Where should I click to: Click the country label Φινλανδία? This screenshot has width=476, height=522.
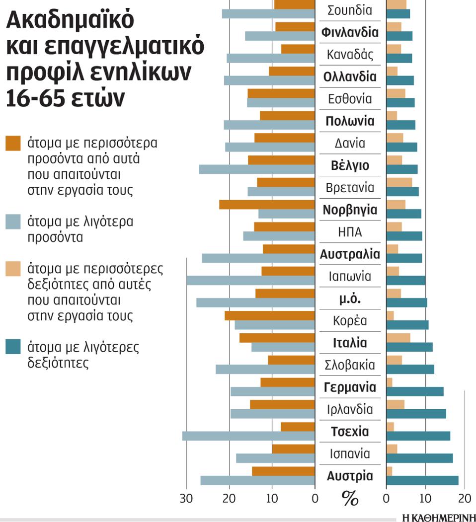(350, 33)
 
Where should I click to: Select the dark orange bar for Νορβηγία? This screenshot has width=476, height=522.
(267, 205)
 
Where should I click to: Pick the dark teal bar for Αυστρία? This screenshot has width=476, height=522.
(422, 480)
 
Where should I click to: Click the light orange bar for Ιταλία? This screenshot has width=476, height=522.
(398, 338)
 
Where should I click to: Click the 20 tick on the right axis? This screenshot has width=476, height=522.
(464, 498)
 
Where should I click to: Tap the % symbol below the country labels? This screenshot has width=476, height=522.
(350, 499)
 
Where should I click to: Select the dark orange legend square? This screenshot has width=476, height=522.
(13, 143)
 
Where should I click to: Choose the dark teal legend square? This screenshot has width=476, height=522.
(13, 347)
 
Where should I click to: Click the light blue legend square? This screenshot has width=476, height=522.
(13, 222)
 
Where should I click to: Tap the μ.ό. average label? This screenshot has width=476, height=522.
(350, 298)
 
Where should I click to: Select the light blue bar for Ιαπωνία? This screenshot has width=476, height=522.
(250, 280)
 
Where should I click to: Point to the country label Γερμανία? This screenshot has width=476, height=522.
(350, 386)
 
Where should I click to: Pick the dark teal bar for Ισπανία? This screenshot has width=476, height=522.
(419, 458)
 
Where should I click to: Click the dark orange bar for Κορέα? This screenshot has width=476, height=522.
(269, 315)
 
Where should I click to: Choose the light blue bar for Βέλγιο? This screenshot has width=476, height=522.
(257, 169)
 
